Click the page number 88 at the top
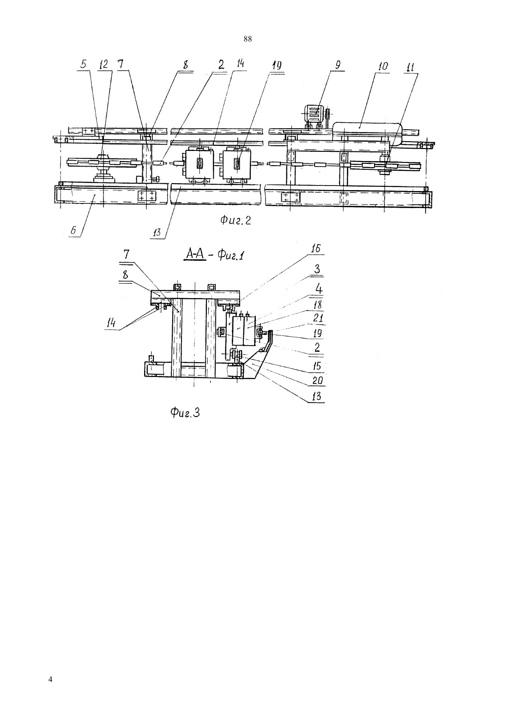(x=248, y=39)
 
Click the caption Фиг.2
(x=236, y=220)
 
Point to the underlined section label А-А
(x=195, y=255)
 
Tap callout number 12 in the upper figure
(x=104, y=64)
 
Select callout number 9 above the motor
(x=338, y=66)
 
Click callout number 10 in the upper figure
(x=383, y=66)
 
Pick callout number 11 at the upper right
(x=410, y=67)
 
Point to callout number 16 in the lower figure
(x=315, y=248)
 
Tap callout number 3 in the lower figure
(x=317, y=269)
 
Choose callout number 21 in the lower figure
(x=318, y=318)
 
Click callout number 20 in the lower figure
(x=318, y=381)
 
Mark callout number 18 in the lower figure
(x=318, y=305)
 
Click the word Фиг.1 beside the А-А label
(x=230, y=256)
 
